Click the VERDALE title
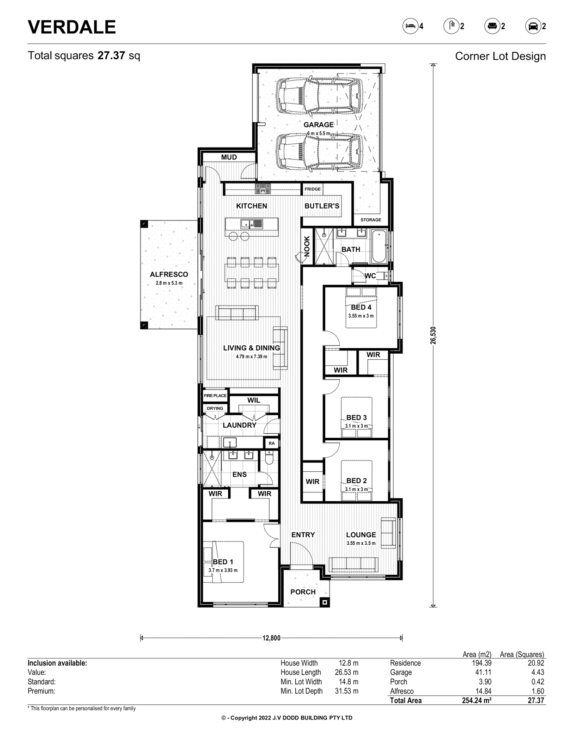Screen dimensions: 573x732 (x=72, y=27)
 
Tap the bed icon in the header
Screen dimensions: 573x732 (x=410, y=26)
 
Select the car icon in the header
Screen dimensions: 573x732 (x=533, y=26)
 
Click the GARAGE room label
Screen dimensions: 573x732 (x=318, y=125)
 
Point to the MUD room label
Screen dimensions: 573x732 (x=229, y=157)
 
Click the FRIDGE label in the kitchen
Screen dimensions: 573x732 (x=312, y=189)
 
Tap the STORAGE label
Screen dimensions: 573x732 (x=371, y=220)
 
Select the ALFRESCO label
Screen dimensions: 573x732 (x=169, y=274)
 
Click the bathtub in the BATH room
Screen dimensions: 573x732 (x=379, y=246)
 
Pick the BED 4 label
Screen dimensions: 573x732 (x=361, y=307)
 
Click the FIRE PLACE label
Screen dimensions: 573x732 (x=215, y=395)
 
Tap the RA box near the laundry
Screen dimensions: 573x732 (x=272, y=443)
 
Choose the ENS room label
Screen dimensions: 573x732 (x=239, y=474)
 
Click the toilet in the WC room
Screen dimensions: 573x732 (x=382, y=276)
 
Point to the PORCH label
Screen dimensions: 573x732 (x=303, y=592)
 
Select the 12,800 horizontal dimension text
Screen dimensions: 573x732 (x=272, y=638)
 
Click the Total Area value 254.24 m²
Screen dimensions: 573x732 (x=476, y=701)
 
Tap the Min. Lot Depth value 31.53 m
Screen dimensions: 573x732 (x=347, y=691)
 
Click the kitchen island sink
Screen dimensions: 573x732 (x=252, y=223)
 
